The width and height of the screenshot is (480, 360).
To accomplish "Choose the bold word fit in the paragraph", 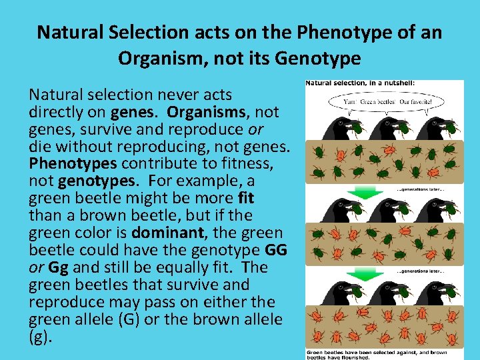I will (245, 198).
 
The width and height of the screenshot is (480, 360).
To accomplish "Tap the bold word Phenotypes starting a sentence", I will (65, 163).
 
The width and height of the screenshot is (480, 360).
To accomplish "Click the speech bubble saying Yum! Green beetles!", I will (383, 103).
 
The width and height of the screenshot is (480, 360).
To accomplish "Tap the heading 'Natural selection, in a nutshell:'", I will (351, 83).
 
